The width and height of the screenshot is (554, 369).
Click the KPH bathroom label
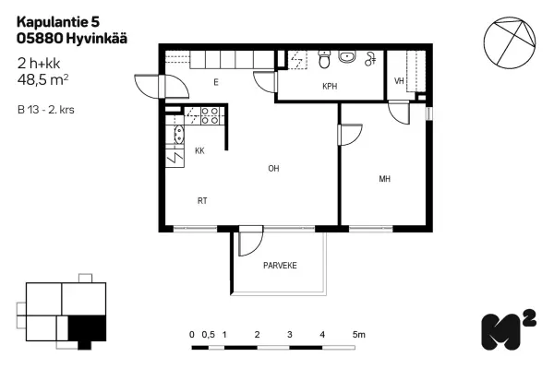click(330, 86)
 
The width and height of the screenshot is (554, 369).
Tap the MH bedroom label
click(385, 179)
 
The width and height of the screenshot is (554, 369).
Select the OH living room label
click(273, 169)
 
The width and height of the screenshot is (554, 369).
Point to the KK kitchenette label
click(199, 150)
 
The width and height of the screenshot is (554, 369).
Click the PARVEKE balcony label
click(280, 266)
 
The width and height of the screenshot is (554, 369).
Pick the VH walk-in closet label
click(399, 81)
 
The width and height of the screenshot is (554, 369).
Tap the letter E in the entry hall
click(216, 82)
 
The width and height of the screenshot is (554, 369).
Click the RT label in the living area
click(202, 201)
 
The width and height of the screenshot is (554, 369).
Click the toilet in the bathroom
click(324, 59)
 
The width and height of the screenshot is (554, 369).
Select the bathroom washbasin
click(347, 57)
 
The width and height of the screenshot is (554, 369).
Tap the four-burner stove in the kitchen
click(210, 116)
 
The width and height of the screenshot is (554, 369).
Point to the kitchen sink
click(179, 135)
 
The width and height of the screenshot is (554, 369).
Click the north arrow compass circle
click(510, 42)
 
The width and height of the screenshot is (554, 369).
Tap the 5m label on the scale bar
click(358, 334)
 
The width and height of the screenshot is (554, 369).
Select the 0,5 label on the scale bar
click(208, 334)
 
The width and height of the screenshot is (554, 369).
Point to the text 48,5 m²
click(42, 80)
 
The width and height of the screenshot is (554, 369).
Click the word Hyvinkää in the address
click(96, 39)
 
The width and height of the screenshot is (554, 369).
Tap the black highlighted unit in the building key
click(87, 330)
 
